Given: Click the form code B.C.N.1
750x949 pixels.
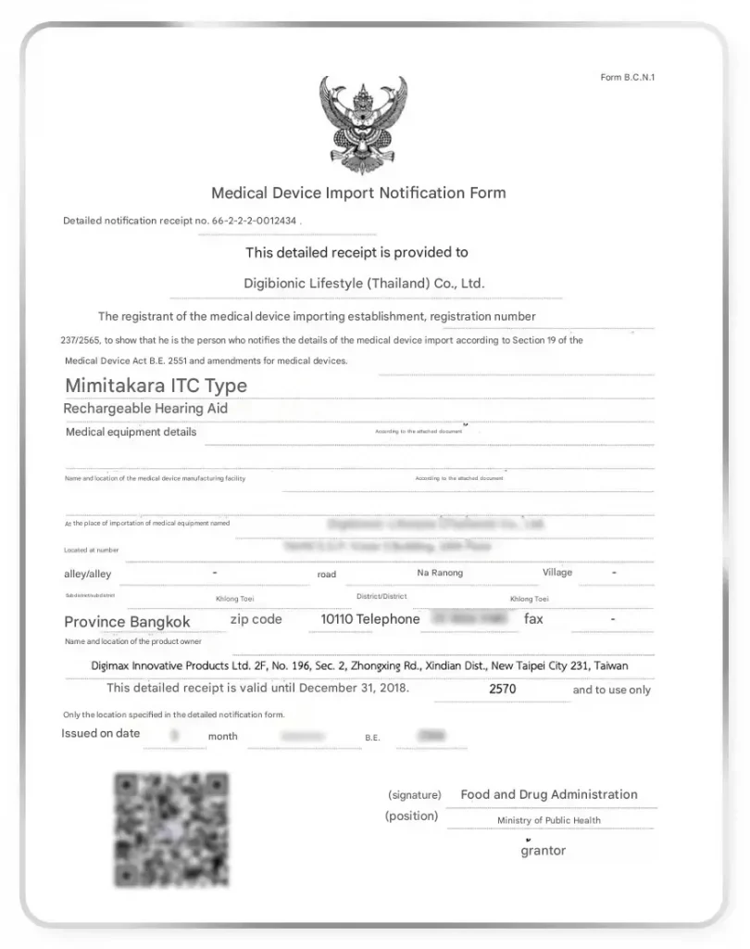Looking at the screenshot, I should click(x=627, y=77).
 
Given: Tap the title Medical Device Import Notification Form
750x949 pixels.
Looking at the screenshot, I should click(x=358, y=194).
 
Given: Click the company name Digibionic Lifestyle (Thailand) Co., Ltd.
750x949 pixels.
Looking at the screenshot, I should click(x=364, y=284).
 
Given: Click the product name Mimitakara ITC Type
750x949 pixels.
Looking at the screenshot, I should click(x=156, y=386).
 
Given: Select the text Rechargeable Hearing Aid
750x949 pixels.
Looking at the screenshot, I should click(x=145, y=408).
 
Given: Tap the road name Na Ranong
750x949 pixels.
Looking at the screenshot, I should click(x=440, y=573).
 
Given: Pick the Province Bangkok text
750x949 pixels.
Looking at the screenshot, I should click(x=127, y=622).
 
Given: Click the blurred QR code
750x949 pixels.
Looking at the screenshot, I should click(x=171, y=829).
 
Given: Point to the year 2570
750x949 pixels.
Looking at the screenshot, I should click(x=503, y=690).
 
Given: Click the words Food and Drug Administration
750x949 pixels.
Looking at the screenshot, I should click(x=549, y=794).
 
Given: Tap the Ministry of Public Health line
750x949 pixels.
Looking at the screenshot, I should click(x=548, y=820).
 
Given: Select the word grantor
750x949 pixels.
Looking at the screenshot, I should click(x=543, y=851).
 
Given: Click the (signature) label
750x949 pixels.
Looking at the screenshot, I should click(x=414, y=795).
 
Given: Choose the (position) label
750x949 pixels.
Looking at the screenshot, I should click(x=411, y=816).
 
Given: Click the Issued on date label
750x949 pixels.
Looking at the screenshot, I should click(x=101, y=734).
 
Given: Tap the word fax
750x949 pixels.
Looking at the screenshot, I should click(x=533, y=619).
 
